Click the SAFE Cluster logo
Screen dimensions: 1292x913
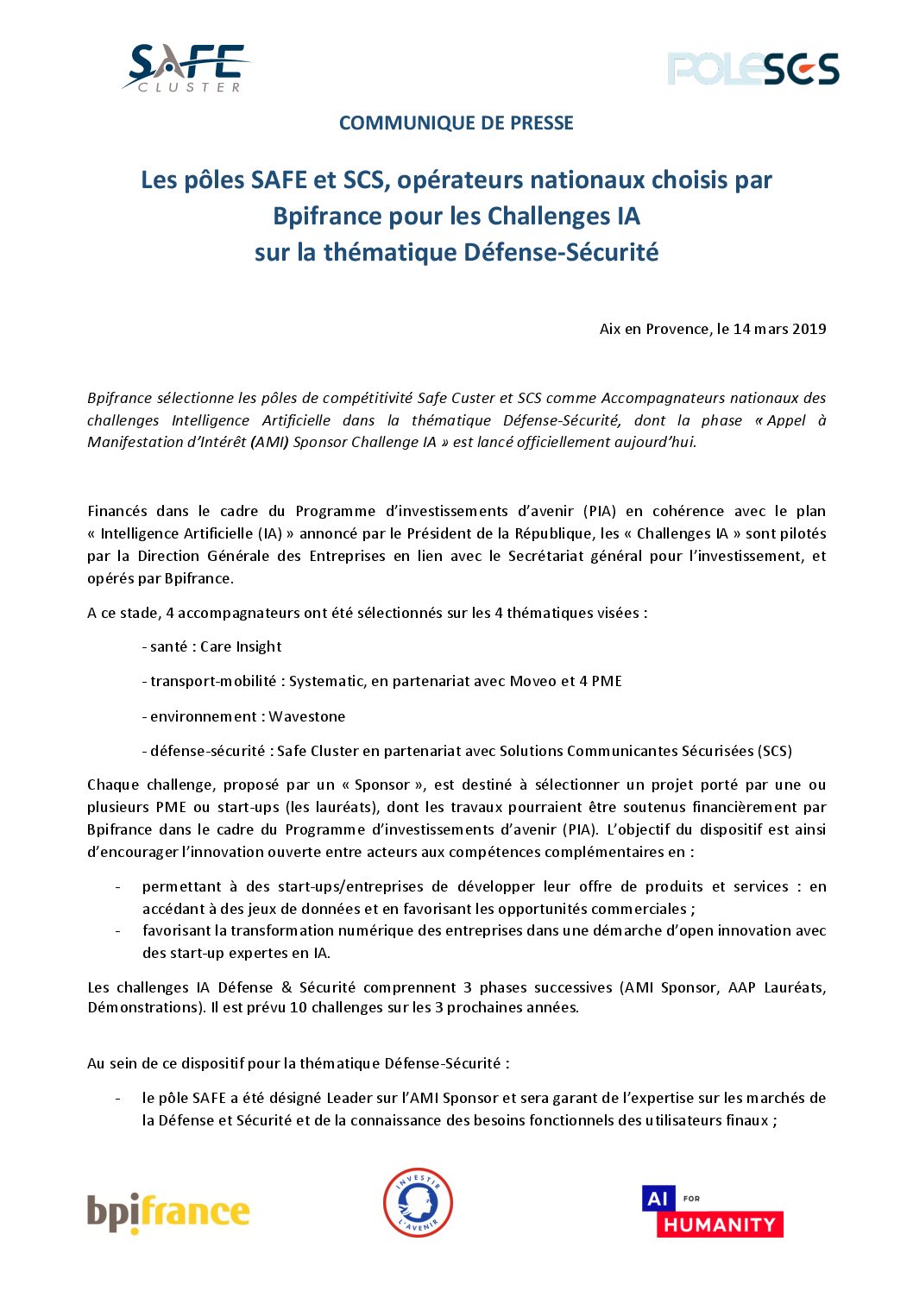click(186, 68)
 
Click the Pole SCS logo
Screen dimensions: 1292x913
click(752, 69)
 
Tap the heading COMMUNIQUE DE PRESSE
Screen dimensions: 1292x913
click(456, 123)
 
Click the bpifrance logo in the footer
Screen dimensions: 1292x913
click(168, 1213)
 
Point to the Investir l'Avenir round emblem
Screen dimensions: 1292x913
click(418, 1202)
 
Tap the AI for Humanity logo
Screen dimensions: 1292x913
click(712, 1211)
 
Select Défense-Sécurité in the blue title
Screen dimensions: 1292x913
click(561, 252)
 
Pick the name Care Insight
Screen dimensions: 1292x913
click(241, 646)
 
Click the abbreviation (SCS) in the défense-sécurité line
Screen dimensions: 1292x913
click(775, 751)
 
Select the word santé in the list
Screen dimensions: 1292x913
click(168, 646)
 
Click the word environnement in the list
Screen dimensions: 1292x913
click(204, 716)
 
